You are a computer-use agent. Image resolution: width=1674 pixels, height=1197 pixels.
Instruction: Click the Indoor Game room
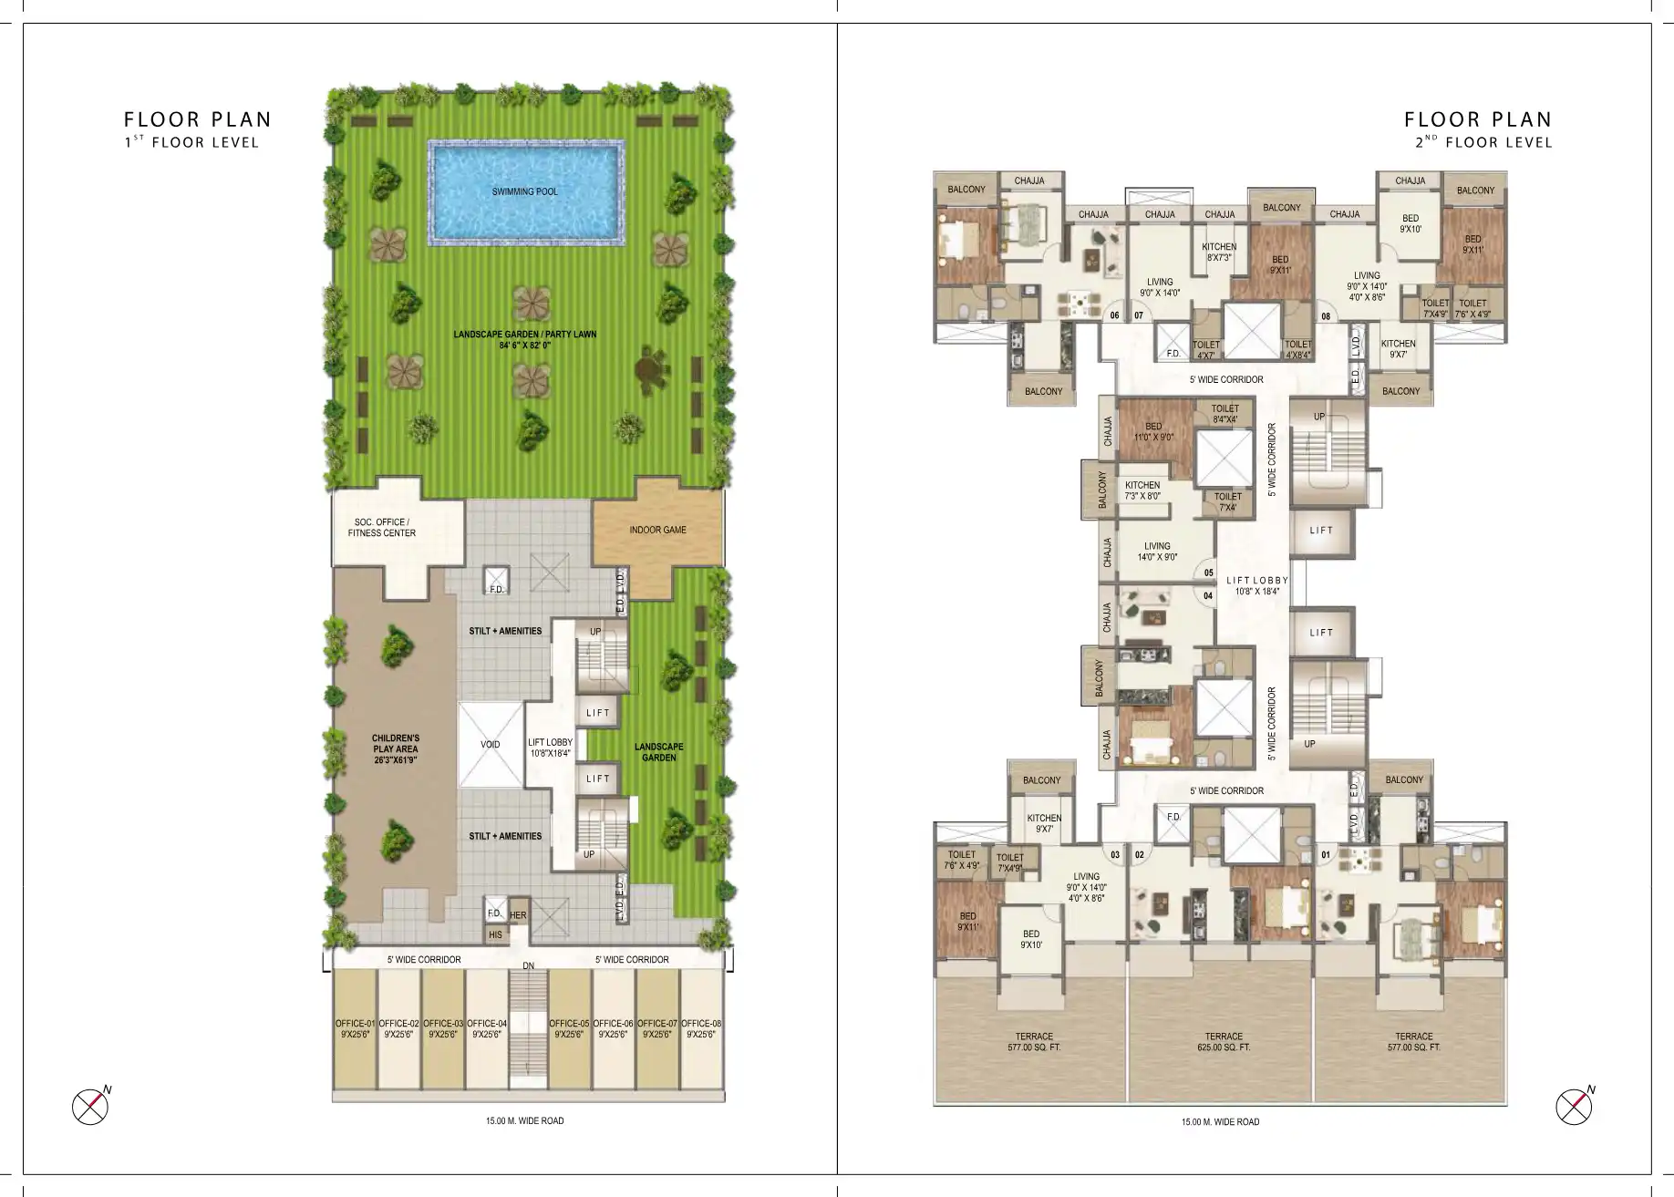(x=657, y=530)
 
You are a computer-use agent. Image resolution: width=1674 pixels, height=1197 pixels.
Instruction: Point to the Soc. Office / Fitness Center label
(x=381, y=528)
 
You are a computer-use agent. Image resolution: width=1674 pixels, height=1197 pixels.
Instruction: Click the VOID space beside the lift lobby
(x=491, y=745)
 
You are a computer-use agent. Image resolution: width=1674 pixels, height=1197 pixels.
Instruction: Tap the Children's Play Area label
(x=395, y=748)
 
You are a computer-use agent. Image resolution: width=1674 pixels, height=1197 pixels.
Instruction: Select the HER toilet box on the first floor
(x=518, y=915)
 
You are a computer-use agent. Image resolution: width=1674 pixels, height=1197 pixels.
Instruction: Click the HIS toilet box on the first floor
(x=495, y=934)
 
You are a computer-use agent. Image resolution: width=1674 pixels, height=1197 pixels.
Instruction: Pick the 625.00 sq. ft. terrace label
(x=1223, y=1042)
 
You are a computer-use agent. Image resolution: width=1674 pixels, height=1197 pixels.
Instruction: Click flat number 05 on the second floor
(x=1209, y=573)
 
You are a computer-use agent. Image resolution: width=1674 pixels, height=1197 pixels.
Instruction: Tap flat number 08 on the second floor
(x=1326, y=316)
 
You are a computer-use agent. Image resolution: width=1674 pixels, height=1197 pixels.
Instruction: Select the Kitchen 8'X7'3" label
(x=1219, y=253)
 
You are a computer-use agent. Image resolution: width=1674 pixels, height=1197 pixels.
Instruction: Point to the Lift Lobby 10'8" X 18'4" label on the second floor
(x=1257, y=585)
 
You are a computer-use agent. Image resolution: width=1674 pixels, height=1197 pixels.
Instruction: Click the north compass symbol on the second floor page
(x=1574, y=1107)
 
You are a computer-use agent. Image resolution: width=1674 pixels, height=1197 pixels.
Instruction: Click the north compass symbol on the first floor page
(x=90, y=1107)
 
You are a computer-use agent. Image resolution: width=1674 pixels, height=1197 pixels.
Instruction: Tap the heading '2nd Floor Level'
(x=1483, y=142)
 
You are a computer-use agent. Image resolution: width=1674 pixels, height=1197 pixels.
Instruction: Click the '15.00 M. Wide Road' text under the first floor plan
(x=524, y=1120)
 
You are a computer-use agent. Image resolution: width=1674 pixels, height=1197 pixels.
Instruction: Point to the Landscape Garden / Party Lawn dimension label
(x=524, y=340)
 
